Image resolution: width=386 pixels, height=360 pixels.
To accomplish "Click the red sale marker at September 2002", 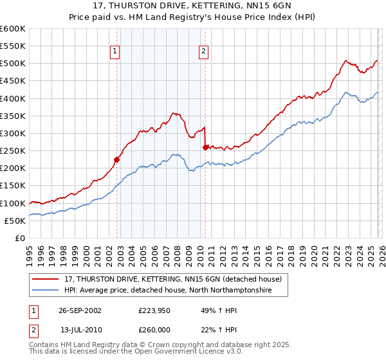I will coord(117,159).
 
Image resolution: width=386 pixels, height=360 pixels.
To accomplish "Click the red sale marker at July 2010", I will coord(205,147).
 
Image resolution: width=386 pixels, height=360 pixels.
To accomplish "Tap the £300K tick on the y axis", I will coord(13,133).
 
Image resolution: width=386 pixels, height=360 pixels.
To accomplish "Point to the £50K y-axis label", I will coord(15,221).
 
